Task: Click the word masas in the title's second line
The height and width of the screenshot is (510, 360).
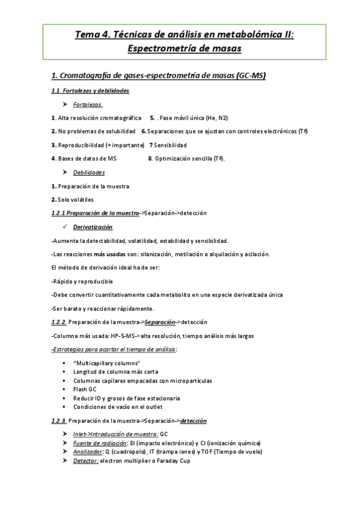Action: point(225,48)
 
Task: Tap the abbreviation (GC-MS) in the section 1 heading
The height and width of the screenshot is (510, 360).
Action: point(251,76)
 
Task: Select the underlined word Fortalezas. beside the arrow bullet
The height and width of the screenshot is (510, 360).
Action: point(88,104)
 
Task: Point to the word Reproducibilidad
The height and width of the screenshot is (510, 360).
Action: point(80,145)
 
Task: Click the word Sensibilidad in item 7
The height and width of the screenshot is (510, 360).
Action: point(171,145)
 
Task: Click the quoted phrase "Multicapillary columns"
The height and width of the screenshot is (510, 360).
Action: point(106,363)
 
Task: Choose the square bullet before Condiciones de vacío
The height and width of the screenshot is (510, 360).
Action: point(64,407)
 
